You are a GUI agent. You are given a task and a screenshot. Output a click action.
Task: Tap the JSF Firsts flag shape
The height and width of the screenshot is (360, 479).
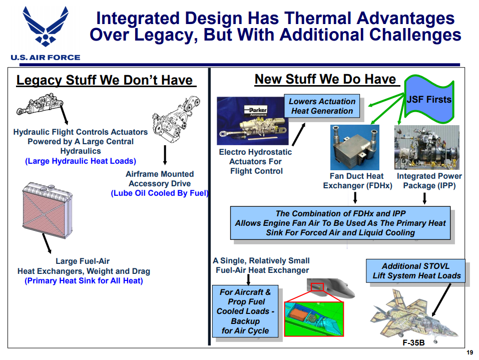[x=429, y=99]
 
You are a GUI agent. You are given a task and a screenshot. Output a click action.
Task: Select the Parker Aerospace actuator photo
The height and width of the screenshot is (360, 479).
[x=252, y=121]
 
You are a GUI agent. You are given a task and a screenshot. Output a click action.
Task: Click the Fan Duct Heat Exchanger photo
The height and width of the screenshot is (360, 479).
[x=355, y=147]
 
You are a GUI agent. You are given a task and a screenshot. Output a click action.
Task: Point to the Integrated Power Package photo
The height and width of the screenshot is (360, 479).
[x=427, y=147]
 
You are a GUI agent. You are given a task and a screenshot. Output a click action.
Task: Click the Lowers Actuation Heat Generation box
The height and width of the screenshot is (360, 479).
[x=322, y=106]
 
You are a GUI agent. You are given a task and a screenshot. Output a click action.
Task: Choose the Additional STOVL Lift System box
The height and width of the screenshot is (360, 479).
[x=416, y=271]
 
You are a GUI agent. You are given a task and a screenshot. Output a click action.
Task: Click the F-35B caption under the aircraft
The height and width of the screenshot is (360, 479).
[x=413, y=343]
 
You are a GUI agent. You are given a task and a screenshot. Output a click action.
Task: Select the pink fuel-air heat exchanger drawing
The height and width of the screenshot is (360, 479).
[x=48, y=210]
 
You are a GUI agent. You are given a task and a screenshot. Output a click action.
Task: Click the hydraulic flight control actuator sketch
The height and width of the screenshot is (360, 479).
[x=40, y=104]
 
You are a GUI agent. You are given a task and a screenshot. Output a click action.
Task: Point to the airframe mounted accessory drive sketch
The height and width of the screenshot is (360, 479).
[x=176, y=120]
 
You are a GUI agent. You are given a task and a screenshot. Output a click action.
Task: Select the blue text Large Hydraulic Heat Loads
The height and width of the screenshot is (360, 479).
[x=81, y=161]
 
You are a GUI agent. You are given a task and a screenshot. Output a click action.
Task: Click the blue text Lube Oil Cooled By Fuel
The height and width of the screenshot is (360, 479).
[x=160, y=193]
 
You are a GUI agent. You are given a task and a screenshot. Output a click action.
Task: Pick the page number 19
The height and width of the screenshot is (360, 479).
[x=470, y=352]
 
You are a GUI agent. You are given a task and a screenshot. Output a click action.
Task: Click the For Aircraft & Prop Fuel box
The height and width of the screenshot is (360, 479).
[x=245, y=311]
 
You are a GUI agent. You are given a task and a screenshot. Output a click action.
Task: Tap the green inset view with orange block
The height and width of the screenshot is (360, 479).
[x=314, y=319]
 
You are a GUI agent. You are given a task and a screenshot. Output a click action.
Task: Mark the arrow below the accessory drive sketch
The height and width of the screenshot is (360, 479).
[x=165, y=155]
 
